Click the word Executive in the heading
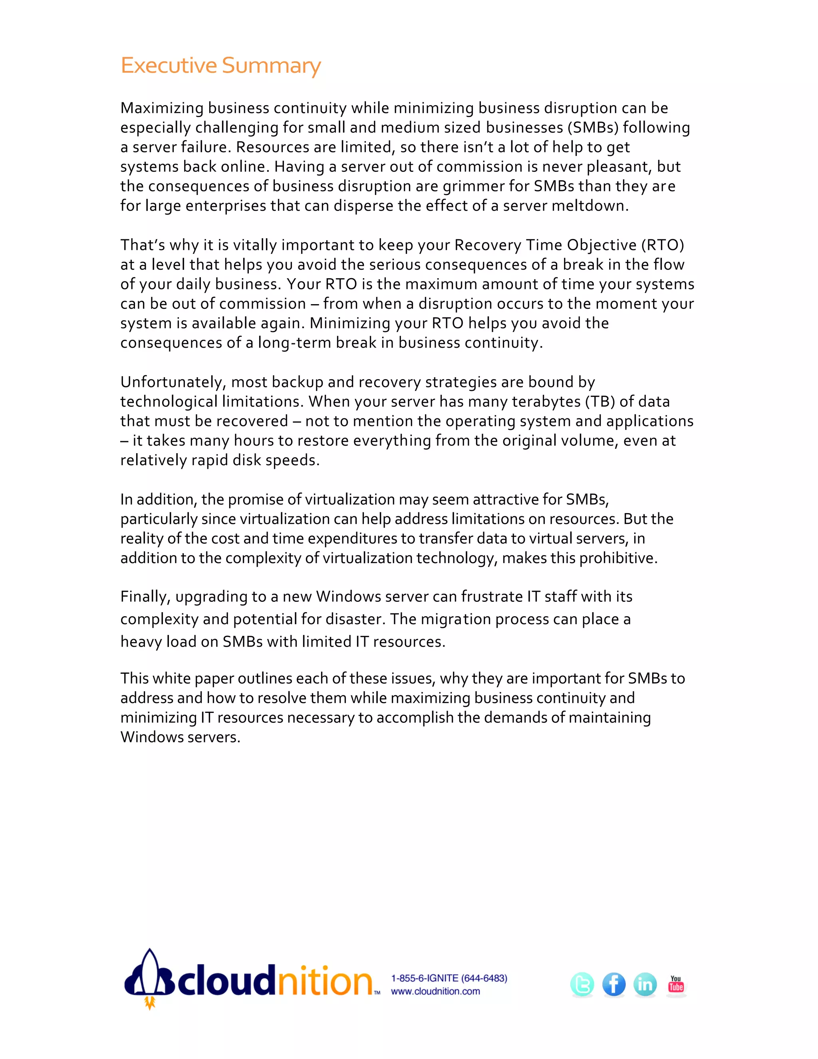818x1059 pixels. point(169,66)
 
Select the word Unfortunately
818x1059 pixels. point(173,382)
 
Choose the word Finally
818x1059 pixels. point(145,596)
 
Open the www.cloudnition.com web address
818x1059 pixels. point(435,991)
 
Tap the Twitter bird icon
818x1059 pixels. point(582,984)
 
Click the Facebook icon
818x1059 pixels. point(613,984)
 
